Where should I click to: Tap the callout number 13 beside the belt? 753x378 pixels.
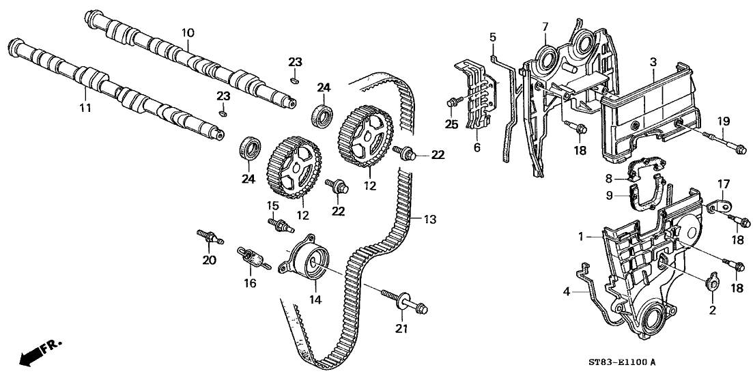point(429,220)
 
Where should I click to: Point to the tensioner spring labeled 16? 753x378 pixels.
point(252,259)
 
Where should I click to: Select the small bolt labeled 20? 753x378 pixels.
point(210,237)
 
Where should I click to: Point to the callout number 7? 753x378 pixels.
point(545,27)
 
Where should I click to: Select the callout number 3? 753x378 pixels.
point(653,62)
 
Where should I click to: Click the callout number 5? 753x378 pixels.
point(492,38)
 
